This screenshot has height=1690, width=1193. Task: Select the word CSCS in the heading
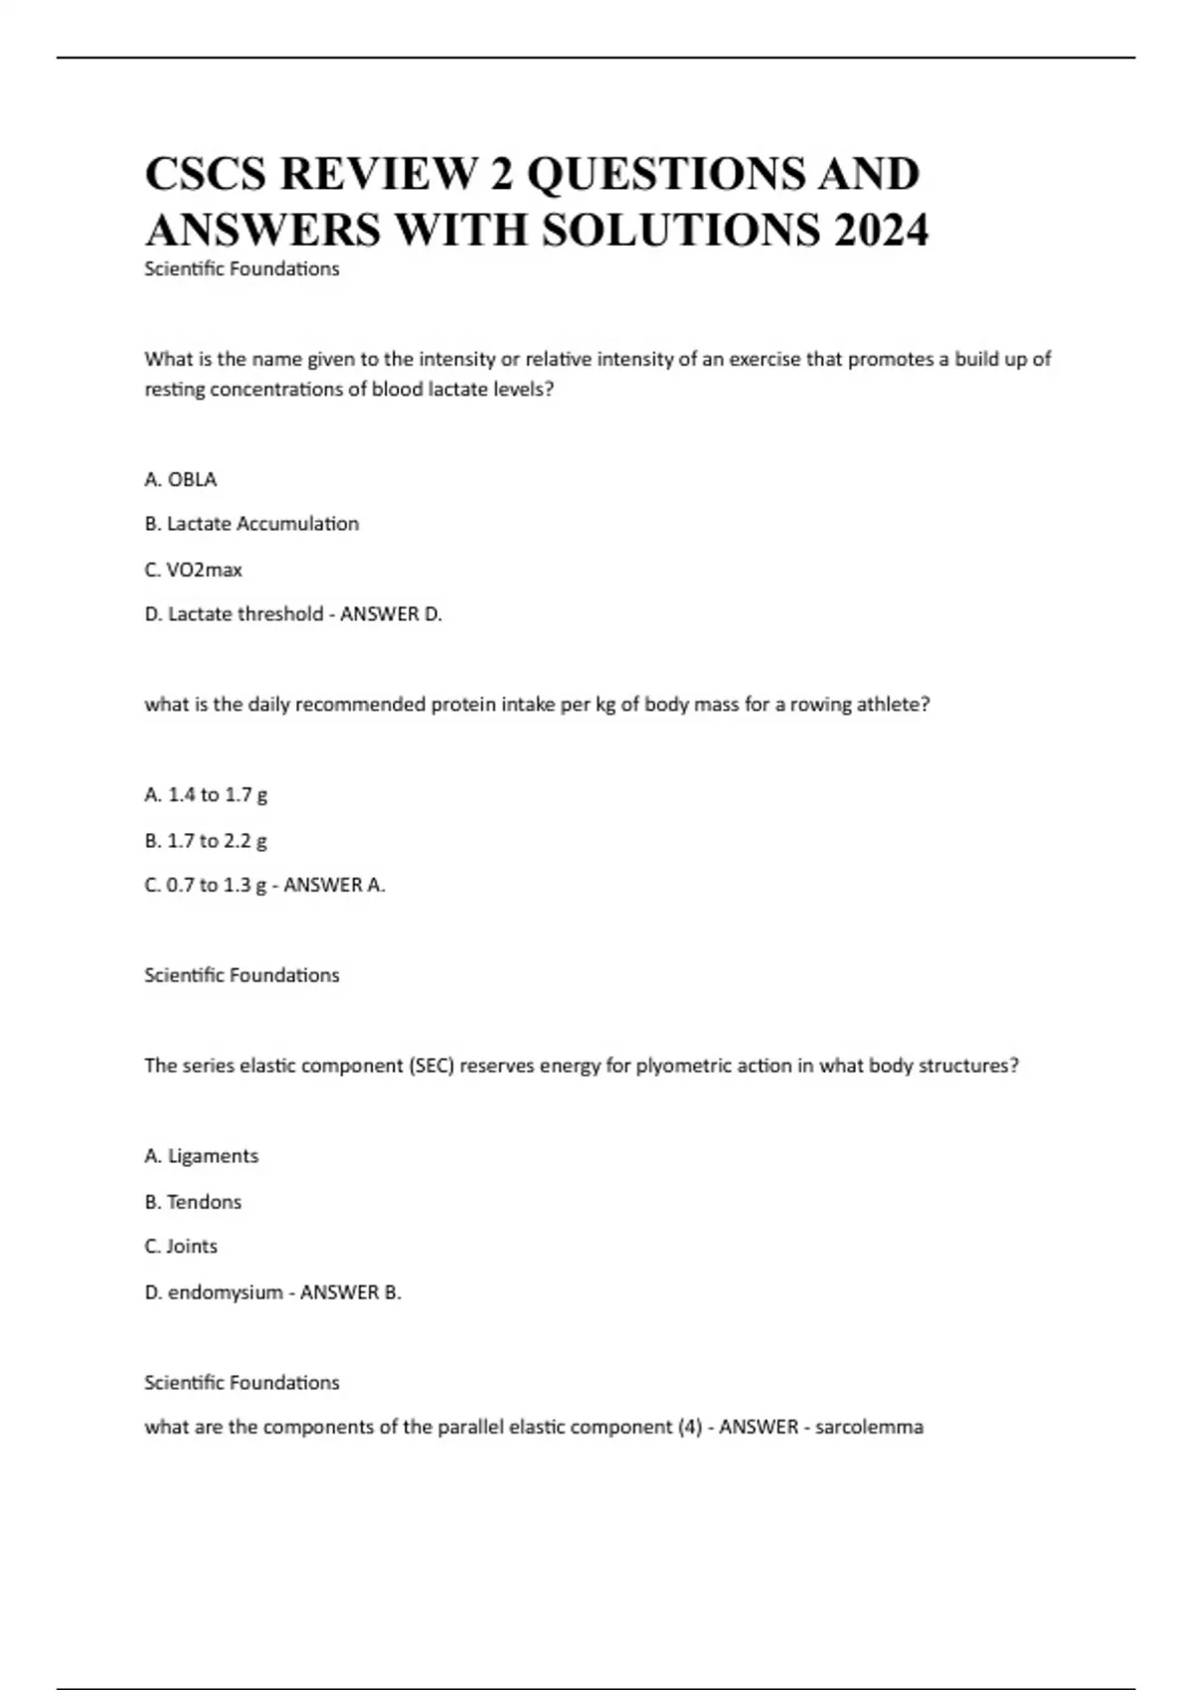(206, 174)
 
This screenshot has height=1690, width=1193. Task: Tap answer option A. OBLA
(181, 479)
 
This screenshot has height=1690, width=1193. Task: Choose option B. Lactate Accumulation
(252, 524)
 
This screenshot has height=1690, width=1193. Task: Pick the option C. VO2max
(194, 570)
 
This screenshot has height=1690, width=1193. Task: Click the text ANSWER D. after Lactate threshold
(391, 614)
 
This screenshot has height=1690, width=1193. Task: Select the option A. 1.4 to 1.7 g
(206, 794)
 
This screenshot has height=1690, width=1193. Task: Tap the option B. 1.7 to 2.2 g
(206, 840)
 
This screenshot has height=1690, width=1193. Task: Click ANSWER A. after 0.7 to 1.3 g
(334, 885)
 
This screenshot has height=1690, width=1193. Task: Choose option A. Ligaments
(201, 1156)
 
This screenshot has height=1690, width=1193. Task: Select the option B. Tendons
(193, 1202)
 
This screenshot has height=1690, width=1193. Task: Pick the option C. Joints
(181, 1247)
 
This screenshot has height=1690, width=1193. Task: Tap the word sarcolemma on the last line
(869, 1428)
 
